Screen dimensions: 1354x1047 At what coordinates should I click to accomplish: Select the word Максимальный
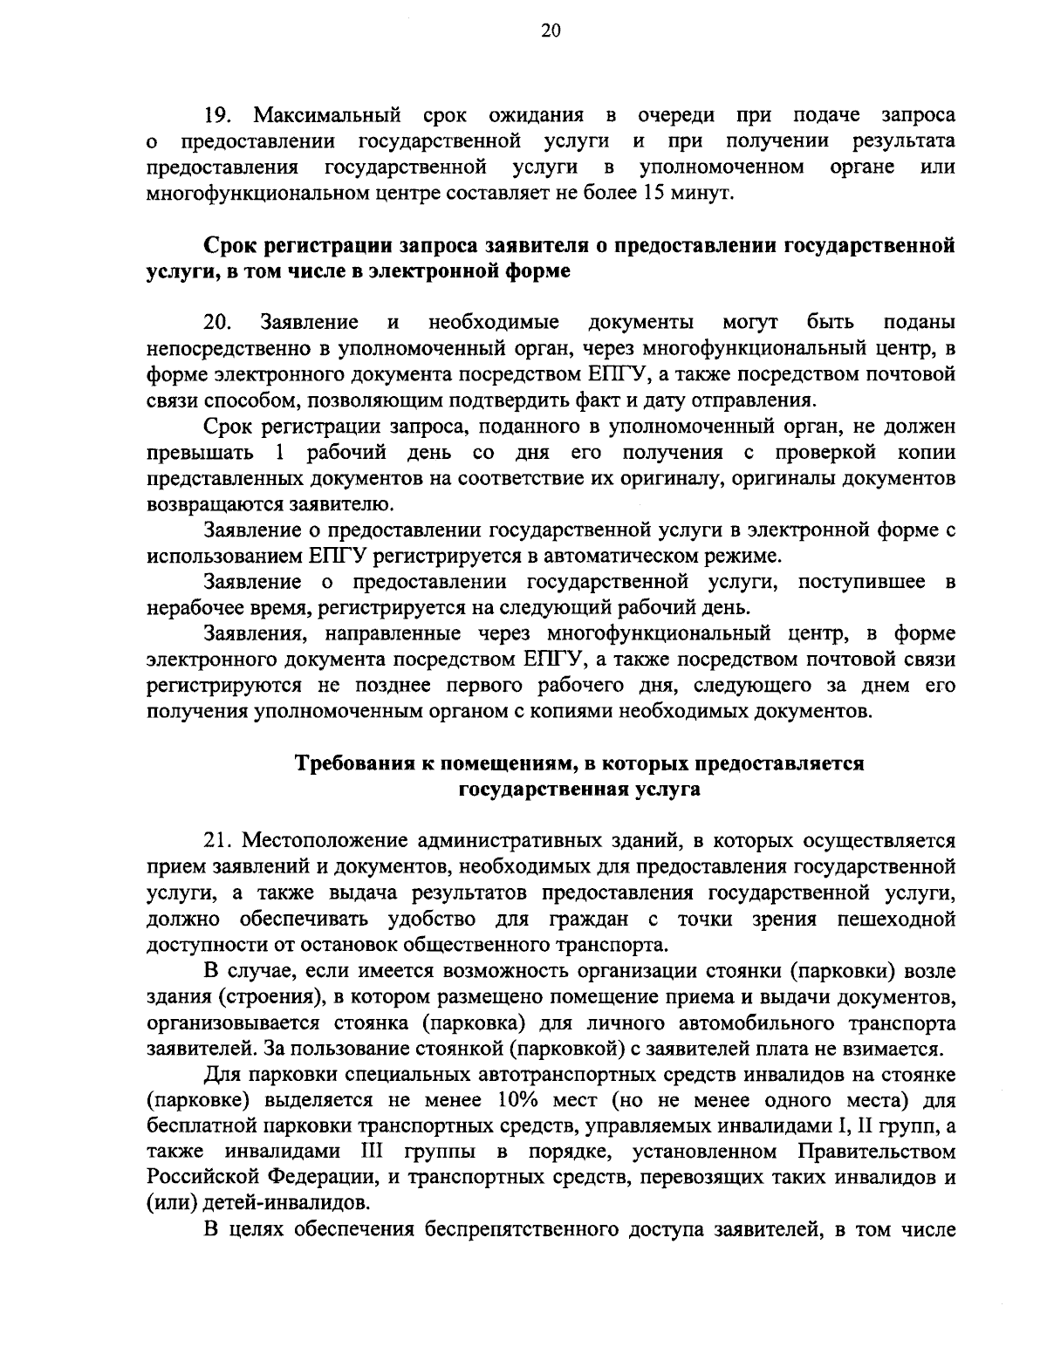pyautogui.click(x=327, y=115)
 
